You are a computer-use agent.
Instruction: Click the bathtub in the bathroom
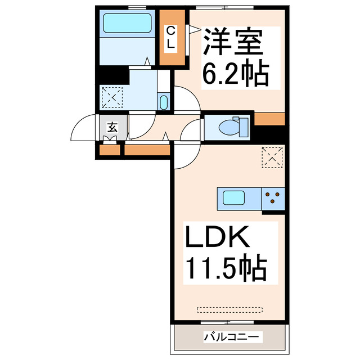point(127,23)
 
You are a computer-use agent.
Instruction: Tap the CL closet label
point(170,38)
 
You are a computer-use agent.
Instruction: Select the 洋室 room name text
point(232,42)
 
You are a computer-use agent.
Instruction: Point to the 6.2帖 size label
point(235,71)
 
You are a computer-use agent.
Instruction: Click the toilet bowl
point(229,128)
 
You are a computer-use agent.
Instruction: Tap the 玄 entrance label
point(112,128)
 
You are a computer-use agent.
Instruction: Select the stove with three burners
point(273,199)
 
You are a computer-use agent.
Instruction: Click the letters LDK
point(217,237)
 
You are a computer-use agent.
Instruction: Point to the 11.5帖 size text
point(227,268)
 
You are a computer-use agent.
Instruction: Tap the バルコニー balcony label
point(231,337)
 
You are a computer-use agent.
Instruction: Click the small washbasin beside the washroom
point(164,102)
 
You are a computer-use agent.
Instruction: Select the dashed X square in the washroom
point(112,97)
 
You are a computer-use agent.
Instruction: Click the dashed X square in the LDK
point(272,157)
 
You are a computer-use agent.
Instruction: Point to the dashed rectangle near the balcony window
point(229,310)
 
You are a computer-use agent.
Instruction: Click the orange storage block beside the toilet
point(269,119)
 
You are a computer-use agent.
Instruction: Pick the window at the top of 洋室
point(225,8)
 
